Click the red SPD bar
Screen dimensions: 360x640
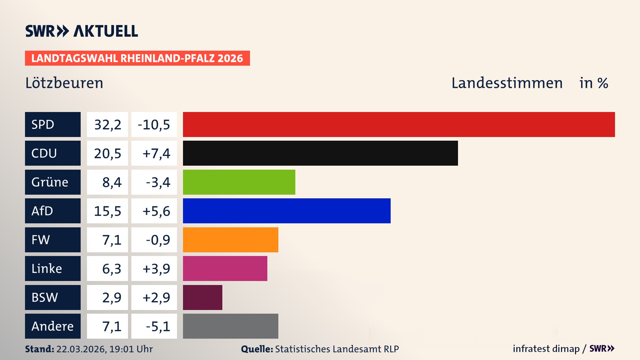(399, 124)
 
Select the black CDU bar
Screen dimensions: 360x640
(320, 153)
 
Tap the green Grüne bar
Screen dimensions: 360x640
(239, 182)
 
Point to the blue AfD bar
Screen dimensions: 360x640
(287, 211)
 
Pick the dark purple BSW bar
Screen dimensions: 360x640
(202, 297)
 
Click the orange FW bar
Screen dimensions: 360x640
(230, 240)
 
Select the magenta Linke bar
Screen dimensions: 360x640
(225, 268)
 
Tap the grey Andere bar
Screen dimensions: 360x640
(230, 326)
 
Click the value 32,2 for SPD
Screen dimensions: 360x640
(107, 125)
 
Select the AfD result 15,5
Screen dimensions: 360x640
(107, 211)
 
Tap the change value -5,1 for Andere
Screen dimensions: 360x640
(158, 326)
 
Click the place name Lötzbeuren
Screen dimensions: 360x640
(64, 83)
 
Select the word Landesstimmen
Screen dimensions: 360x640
(507, 83)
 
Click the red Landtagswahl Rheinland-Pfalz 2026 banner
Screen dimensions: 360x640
(137, 58)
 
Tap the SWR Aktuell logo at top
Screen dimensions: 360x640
(82, 31)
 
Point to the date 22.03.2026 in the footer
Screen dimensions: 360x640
(81, 349)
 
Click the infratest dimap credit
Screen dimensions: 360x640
(546, 349)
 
